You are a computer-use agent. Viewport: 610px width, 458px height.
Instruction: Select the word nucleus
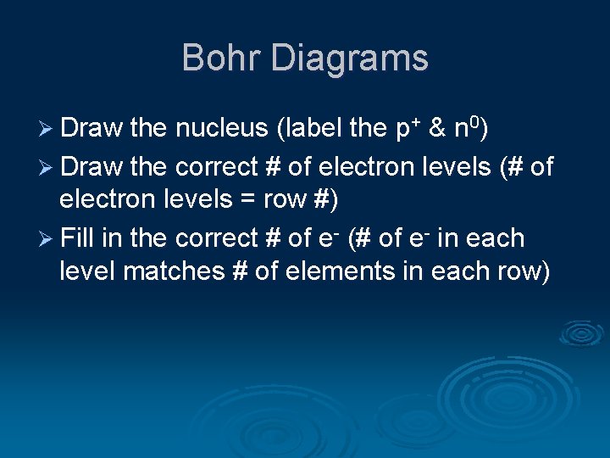click(221, 130)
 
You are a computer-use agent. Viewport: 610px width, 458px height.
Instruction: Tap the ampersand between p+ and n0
click(438, 130)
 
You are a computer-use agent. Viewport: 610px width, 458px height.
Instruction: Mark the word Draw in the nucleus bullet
click(92, 130)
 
